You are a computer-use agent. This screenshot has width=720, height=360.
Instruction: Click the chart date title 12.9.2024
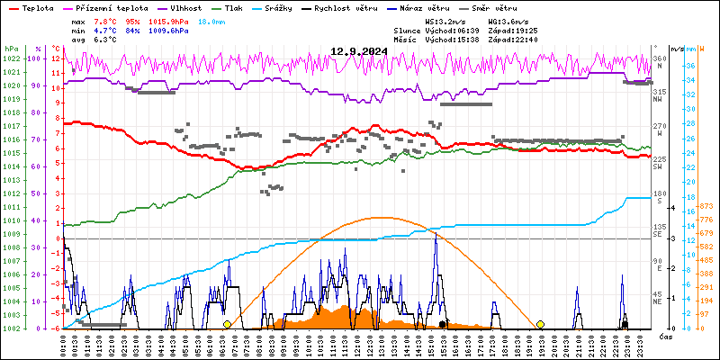[x=358, y=51]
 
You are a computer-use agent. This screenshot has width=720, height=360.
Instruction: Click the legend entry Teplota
[x=37, y=7]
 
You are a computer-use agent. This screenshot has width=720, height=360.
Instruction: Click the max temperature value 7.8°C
[x=107, y=21]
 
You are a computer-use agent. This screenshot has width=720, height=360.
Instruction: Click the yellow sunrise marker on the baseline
[x=227, y=324]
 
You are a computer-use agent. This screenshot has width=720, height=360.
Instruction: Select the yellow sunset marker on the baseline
[x=540, y=324]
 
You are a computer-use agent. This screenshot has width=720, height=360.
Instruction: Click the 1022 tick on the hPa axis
[x=11, y=58]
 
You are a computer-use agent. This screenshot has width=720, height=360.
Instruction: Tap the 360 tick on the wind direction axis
[x=660, y=58]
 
